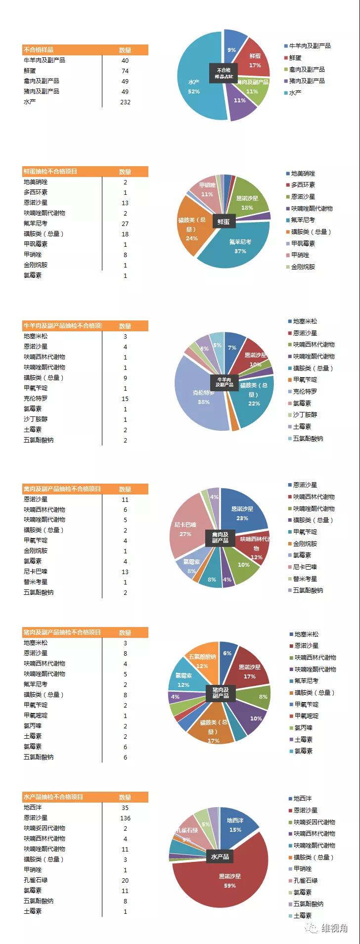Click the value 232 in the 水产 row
tap(125, 102)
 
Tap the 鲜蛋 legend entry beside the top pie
tap(295, 58)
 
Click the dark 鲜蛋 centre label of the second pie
tap(224, 222)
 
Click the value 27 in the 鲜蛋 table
tap(125, 224)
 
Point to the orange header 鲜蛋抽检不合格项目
tap(50, 172)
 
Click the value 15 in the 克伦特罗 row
tap(125, 399)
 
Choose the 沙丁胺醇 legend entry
tap(305, 415)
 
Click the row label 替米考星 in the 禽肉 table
tap(36, 582)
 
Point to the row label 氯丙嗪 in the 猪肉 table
tap(33, 726)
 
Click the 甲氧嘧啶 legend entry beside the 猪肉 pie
tap(306, 716)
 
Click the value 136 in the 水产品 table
tap(125, 818)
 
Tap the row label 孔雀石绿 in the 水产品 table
tap(36, 880)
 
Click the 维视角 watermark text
tap(334, 928)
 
